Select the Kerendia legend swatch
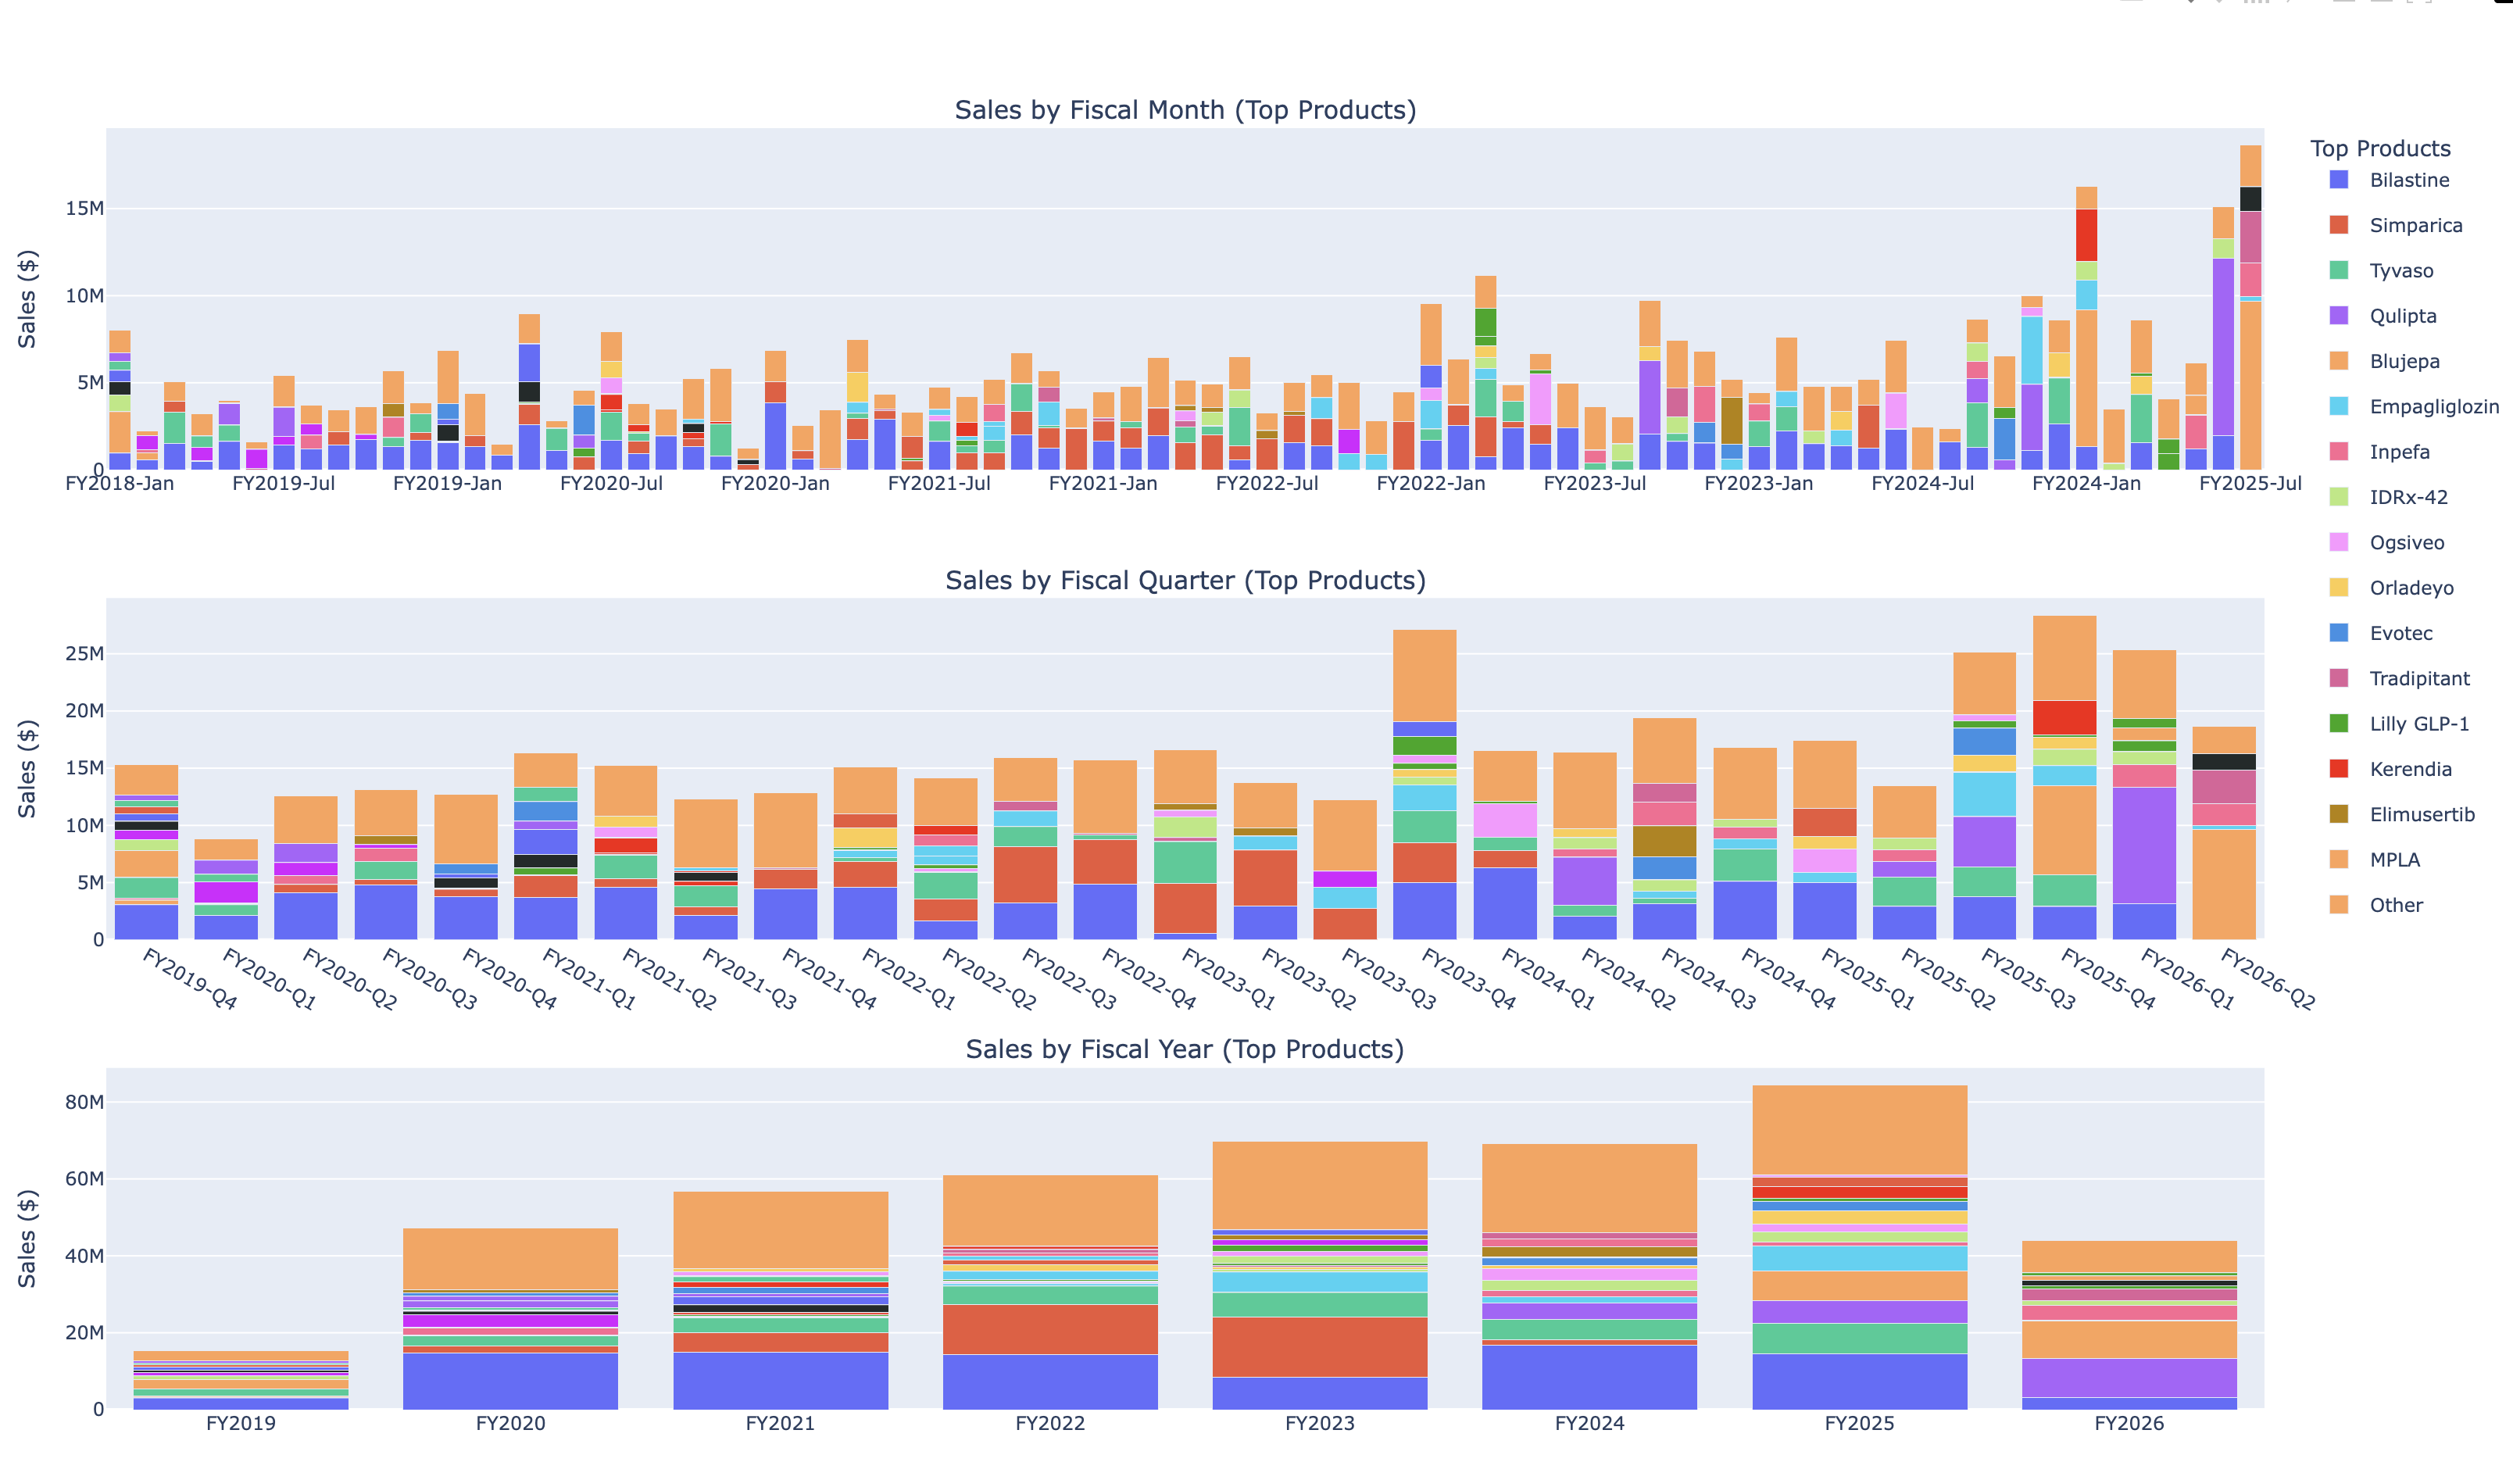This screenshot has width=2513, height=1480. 2339,769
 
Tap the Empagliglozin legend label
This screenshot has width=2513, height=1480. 2433,407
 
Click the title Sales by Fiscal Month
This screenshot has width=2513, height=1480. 1185,109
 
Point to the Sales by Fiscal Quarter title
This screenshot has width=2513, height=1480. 1185,581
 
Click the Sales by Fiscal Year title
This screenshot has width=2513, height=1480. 1185,1049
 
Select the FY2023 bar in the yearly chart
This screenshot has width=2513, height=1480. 1319,1296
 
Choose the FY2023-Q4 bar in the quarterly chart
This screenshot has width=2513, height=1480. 1424,798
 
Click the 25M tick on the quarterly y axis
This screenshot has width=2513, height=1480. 84,654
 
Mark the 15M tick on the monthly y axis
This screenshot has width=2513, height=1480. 84,209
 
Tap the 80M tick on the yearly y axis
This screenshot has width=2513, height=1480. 84,1102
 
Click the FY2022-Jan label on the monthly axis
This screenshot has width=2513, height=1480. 1430,484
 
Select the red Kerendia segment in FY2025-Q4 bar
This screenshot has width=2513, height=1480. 2064,717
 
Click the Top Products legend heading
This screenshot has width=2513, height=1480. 2379,148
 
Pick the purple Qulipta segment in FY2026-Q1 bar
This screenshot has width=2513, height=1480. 2144,845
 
